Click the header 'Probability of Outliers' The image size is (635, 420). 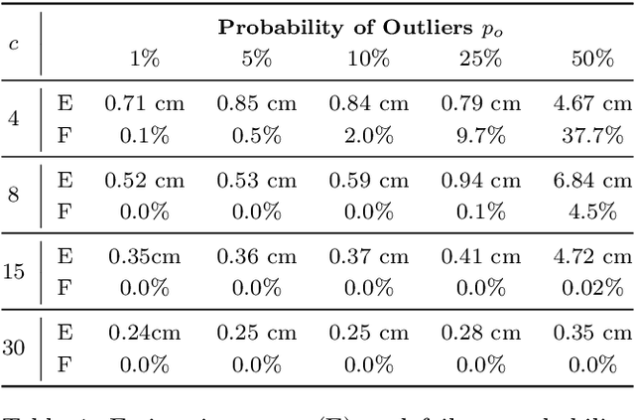pos(345,28)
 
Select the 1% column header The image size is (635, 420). pos(145,59)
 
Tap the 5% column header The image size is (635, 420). pos(256,59)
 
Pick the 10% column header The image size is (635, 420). pos(368,59)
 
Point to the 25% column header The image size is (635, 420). pos(480,59)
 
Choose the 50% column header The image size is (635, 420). pos(592,59)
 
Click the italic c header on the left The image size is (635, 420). pos(13,44)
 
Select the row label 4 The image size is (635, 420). pos(13,118)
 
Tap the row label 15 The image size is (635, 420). pos(13,271)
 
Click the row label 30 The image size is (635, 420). pos(13,348)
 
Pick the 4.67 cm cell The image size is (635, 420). pos(592,103)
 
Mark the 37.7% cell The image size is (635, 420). pos(592,134)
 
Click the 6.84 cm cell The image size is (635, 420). pos(592,180)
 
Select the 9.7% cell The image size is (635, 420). pos(480,134)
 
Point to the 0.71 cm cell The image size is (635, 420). pos(145,103)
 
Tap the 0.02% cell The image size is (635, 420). pos(592,287)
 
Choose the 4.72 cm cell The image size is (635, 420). pos(592,256)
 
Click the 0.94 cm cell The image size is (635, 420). pos(480,180)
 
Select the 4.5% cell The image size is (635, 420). pos(592,210)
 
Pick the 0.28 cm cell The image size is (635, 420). pos(480,333)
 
